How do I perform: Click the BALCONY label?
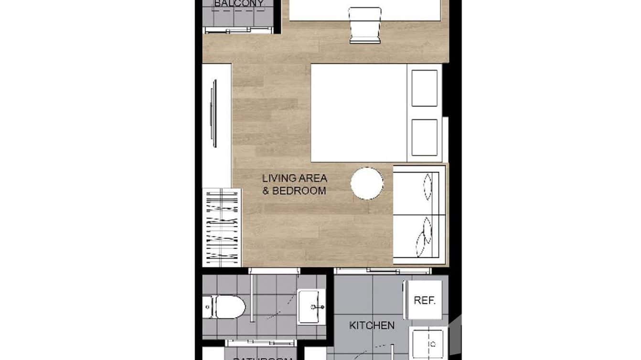click(238, 4)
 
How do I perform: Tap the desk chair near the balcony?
click(365, 24)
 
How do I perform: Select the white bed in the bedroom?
click(358, 113)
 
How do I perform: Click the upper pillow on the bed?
click(424, 88)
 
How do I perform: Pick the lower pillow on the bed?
click(424, 138)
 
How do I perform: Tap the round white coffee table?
click(367, 183)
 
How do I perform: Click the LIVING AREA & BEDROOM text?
click(294, 184)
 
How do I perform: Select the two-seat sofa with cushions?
click(419, 214)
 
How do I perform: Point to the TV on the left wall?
click(214, 114)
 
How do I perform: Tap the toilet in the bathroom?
click(224, 307)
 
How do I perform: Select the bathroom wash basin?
click(311, 307)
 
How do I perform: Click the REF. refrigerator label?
click(424, 300)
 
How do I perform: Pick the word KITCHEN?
click(372, 326)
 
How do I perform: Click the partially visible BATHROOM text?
click(262, 358)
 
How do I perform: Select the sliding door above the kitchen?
click(382, 271)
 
